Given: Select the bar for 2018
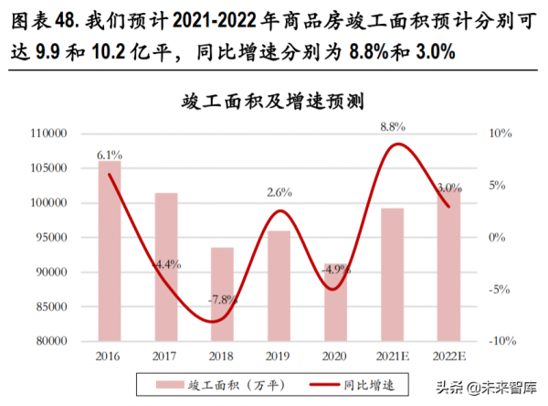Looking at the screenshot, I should click(222, 294).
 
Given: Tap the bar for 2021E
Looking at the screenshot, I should click(392, 274).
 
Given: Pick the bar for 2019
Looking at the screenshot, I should click(279, 285).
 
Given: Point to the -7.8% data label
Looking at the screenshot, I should click(221, 299).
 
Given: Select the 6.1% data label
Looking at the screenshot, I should click(110, 155).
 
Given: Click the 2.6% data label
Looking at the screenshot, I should click(279, 192).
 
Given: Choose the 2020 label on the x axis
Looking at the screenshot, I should click(335, 355).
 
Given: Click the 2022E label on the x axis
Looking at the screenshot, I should click(448, 355).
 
